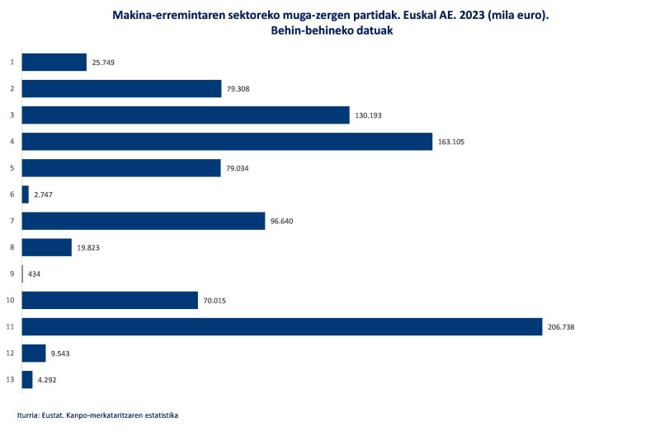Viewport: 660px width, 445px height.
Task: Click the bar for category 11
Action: [x=281, y=327]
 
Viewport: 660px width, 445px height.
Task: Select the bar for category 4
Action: [x=227, y=142]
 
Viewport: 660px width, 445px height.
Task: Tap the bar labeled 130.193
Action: [x=186, y=115]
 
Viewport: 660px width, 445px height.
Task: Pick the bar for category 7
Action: [x=143, y=221]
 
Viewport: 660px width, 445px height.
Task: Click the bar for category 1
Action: [x=54, y=62]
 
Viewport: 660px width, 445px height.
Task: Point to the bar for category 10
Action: [x=110, y=301]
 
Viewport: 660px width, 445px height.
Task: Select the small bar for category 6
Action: [x=26, y=194]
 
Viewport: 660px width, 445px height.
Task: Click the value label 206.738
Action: [x=561, y=327]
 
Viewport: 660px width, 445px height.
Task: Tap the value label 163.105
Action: [x=451, y=142]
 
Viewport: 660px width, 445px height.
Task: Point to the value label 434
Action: [x=35, y=274]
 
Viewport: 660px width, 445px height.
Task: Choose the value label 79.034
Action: [x=239, y=168]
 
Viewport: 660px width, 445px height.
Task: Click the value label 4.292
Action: [x=46, y=380]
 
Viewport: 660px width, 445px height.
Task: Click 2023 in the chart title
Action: [x=467, y=16]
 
